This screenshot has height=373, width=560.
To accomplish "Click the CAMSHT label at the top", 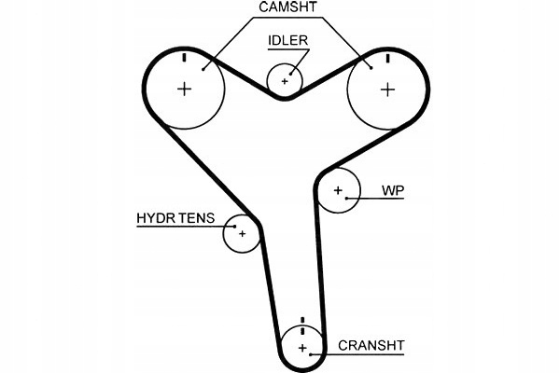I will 289,9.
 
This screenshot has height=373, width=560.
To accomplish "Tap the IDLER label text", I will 287,41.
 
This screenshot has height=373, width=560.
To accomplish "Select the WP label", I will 393,190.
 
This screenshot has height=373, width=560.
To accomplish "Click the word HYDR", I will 154,219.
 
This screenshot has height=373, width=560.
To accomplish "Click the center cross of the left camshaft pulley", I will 185,89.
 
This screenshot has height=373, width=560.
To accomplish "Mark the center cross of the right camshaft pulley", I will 387,89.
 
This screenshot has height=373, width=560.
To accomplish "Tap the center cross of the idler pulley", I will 285,80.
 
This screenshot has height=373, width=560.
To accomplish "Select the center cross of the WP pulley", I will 337,191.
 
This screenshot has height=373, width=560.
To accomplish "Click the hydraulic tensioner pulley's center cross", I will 241,233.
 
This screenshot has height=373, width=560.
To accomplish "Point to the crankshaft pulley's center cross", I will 302,348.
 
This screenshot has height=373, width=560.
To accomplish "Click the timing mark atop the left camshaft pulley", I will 185,58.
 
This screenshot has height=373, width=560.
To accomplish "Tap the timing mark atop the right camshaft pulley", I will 387,58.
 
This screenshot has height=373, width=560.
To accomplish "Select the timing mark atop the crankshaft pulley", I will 302,325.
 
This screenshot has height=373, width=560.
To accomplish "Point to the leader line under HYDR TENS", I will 182,227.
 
